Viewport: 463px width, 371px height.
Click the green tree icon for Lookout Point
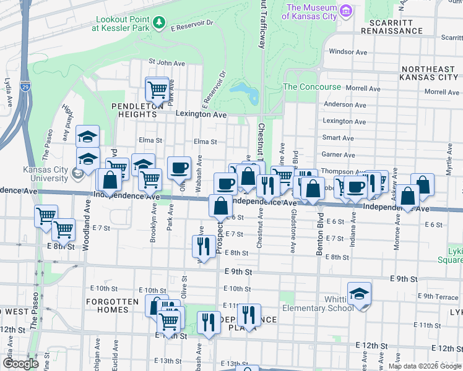coord(159,23)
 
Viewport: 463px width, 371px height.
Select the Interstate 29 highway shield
coord(25,85)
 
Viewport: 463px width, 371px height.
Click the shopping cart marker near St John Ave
coord(157,88)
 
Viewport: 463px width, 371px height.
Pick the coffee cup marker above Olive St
coord(179,167)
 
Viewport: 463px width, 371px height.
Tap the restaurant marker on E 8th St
coord(204,246)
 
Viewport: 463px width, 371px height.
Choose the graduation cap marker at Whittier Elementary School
coord(359,294)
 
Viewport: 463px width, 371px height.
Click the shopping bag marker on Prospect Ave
coord(220,206)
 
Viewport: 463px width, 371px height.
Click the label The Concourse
coord(312,87)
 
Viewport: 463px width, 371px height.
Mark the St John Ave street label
coord(167,62)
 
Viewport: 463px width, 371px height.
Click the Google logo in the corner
coord(20,363)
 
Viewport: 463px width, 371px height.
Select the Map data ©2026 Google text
coord(424,366)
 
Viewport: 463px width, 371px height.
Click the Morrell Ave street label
coord(363,88)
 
